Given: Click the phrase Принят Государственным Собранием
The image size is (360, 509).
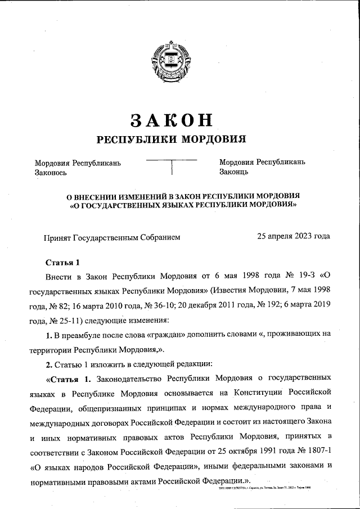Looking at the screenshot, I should click(112, 237).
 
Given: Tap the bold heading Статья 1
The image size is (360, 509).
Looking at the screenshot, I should click(63, 262).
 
